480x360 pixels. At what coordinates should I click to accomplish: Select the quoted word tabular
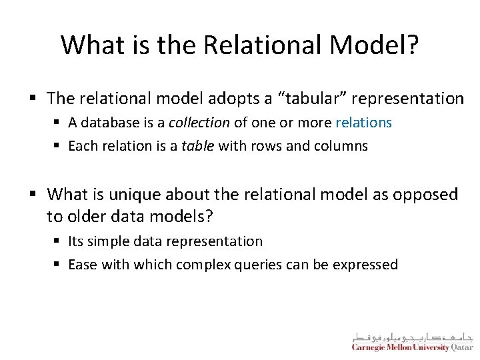tap(313, 99)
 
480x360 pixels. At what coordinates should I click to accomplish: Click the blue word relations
tap(364, 123)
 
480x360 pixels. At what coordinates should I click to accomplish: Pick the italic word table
tap(199, 146)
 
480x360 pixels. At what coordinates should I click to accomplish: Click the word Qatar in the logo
tap(461, 347)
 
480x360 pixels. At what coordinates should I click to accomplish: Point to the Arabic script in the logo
tap(412, 335)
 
